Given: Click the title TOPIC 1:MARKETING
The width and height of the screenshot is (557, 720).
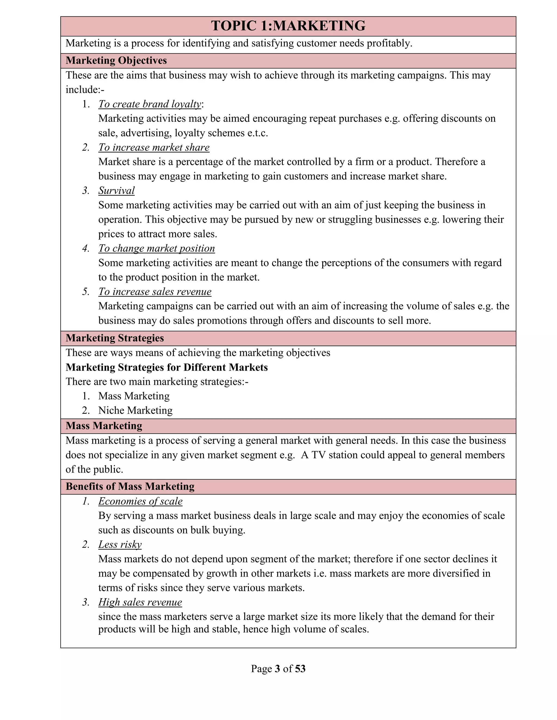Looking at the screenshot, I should (288, 26).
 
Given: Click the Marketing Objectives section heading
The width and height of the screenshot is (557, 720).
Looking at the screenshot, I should (116, 61).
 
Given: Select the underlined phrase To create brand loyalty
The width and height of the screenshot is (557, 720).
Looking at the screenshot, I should (150, 104).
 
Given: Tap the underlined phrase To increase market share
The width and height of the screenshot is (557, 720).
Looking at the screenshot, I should (154, 147).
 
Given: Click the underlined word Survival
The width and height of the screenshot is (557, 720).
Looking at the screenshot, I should (116, 190).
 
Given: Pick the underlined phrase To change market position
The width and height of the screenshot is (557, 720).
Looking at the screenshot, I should (156, 248).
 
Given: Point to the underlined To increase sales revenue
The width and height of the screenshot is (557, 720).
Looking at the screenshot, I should (155, 292).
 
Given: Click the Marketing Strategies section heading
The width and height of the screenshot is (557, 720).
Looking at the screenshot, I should (115, 338).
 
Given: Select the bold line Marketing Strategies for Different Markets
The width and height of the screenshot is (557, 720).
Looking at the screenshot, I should (167, 367).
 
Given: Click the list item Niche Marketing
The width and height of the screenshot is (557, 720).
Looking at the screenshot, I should (135, 411).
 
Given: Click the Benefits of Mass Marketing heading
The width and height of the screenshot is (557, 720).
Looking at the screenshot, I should (130, 487).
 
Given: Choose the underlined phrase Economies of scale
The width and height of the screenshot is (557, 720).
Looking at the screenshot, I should (140, 502).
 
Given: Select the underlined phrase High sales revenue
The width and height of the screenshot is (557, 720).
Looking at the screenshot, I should (140, 602).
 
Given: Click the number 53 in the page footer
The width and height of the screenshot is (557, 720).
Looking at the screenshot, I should (300, 669).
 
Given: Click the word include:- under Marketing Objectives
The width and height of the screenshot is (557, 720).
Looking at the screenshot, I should (85, 90).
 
